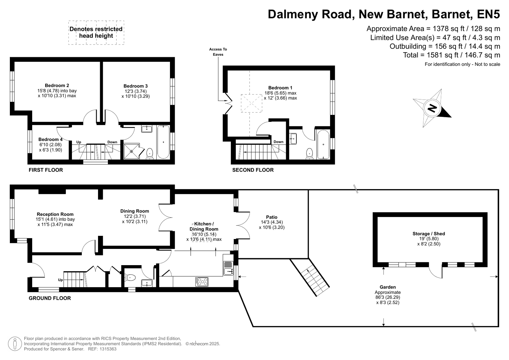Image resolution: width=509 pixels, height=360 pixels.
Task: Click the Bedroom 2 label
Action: [57, 85]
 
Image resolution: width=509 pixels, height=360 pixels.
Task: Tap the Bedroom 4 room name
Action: [50, 139]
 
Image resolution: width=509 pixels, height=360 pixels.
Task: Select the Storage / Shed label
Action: [428, 234]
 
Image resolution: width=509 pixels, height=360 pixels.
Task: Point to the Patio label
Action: [272, 217]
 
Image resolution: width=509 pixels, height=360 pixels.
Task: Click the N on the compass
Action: [432, 109]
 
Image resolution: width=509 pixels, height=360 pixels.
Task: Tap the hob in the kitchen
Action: [202, 282]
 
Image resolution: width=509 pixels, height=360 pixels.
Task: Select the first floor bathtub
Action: [163, 142]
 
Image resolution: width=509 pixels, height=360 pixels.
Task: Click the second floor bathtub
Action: [323, 144]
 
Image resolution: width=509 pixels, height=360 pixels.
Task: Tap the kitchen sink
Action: [228, 268]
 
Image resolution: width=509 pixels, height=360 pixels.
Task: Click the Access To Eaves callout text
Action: [218, 52]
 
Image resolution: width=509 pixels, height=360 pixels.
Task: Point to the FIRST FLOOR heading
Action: [46, 170]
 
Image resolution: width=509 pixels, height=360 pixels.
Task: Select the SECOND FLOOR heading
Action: [253, 170]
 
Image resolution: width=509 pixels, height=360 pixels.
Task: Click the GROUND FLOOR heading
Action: [50, 298]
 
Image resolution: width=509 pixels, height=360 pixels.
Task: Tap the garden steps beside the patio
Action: [310, 278]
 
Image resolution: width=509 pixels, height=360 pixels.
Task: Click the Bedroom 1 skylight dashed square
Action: [251, 103]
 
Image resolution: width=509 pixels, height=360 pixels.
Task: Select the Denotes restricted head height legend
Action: [96, 32]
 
